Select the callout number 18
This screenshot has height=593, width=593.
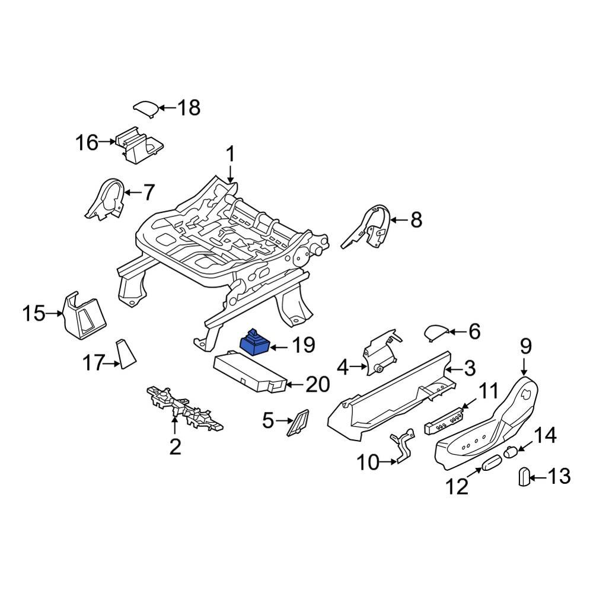pos(189,108)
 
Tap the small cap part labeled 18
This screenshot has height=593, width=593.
pos(145,108)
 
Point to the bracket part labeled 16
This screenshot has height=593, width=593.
pos(139,144)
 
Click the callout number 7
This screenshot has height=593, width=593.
pos(148,192)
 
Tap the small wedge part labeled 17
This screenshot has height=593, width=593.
pos(126,354)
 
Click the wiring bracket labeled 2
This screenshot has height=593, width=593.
pos(184,409)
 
